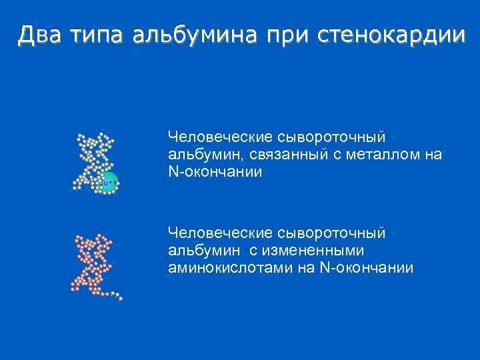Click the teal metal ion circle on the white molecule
click(x=109, y=181)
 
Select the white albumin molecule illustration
click(x=95, y=160)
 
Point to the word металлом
click(x=385, y=155)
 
